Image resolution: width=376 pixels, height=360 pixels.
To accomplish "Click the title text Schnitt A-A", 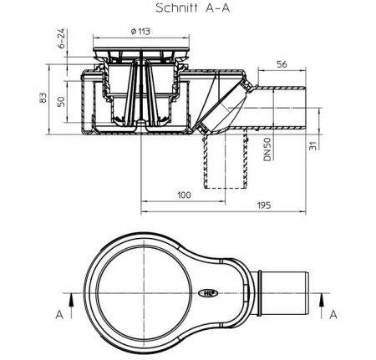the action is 192,8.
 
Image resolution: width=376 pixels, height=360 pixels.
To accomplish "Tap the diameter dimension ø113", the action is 140,31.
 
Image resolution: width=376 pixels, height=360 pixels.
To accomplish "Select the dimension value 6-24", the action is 62,38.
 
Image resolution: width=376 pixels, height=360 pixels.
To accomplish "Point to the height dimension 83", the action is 43,98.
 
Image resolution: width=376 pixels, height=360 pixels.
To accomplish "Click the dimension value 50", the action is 61,102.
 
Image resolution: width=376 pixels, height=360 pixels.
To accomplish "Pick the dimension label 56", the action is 282,64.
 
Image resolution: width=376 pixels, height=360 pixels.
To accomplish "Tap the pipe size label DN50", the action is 267,150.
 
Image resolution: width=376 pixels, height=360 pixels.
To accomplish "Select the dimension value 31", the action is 314,145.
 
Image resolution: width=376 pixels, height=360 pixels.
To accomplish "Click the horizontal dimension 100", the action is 184,195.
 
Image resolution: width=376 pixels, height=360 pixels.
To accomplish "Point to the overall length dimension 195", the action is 263,205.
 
